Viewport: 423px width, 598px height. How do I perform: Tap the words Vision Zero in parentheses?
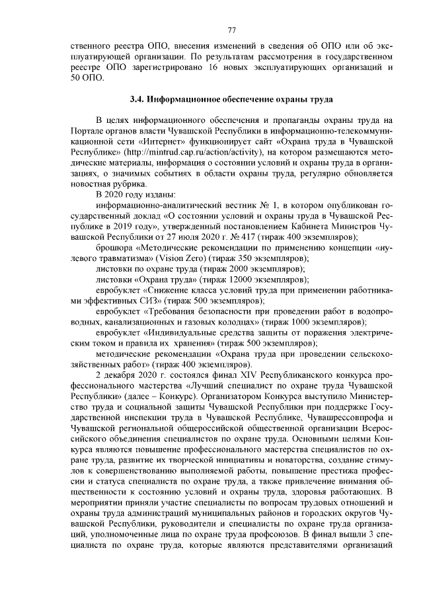coord(157,260)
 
